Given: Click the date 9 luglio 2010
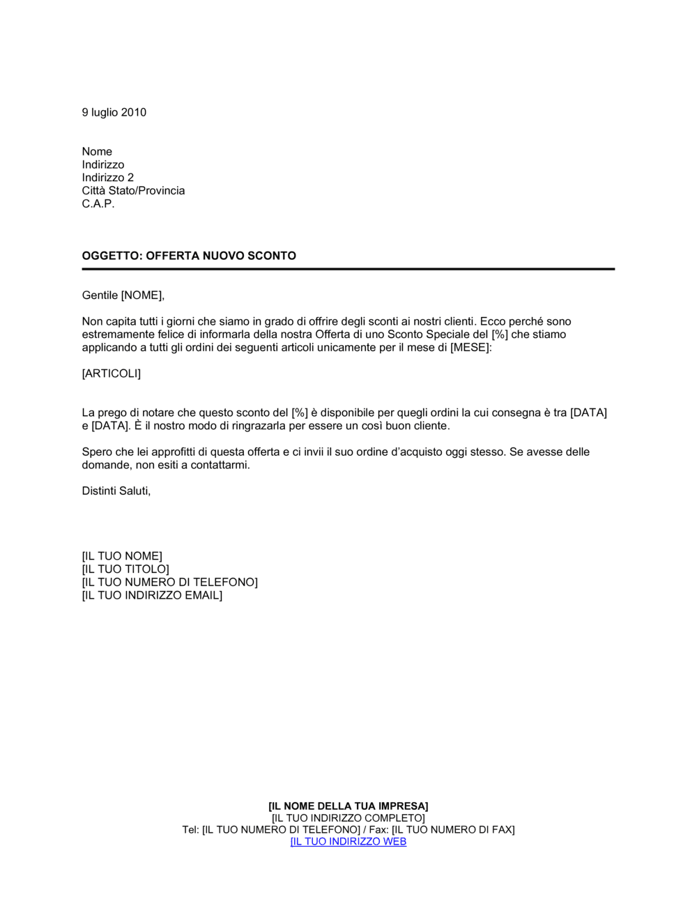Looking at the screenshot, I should pyautogui.click(x=114, y=113).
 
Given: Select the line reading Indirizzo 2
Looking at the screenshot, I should pyautogui.click(x=108, y=178).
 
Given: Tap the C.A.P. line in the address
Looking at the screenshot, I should pyautogui.click(x=98, y=204).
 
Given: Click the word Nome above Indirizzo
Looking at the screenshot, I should pyautogui.click(x=97, y=152).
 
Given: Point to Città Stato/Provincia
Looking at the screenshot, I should pyautogui.click(x=133, y=191).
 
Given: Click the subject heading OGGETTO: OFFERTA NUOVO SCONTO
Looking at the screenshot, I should pyautogui.click(x=189, y=256).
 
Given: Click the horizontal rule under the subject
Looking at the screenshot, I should pyautogui.click(x=348, y=269).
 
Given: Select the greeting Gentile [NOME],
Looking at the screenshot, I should pyautogui.click(x=123, y=295).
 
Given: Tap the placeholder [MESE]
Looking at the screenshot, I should pyautogui.click(x=470, y=348).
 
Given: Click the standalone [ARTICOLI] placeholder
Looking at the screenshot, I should pyautogui.click(x=112, y=374).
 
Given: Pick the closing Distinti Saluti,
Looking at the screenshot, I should pyautogui.click(x=116, y=491).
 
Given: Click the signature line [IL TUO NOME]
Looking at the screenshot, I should pyautogui.click(x=122, y=556).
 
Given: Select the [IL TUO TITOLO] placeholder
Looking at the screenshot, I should pyautogui.click(x=125, y=569).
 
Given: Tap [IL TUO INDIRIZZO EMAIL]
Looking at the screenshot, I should pyautogui.click(x=152, y=596).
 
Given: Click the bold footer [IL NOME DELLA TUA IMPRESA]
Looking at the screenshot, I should pyautogui.click(x=348, y=806).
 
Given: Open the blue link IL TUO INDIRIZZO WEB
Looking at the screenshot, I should pyautogui.click(x=348, y=842).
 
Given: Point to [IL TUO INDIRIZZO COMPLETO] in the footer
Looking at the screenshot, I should pyautogui.click(x=348, y=818).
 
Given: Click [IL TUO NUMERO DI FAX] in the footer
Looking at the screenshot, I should pyautogui.click(x=453, y=830).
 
